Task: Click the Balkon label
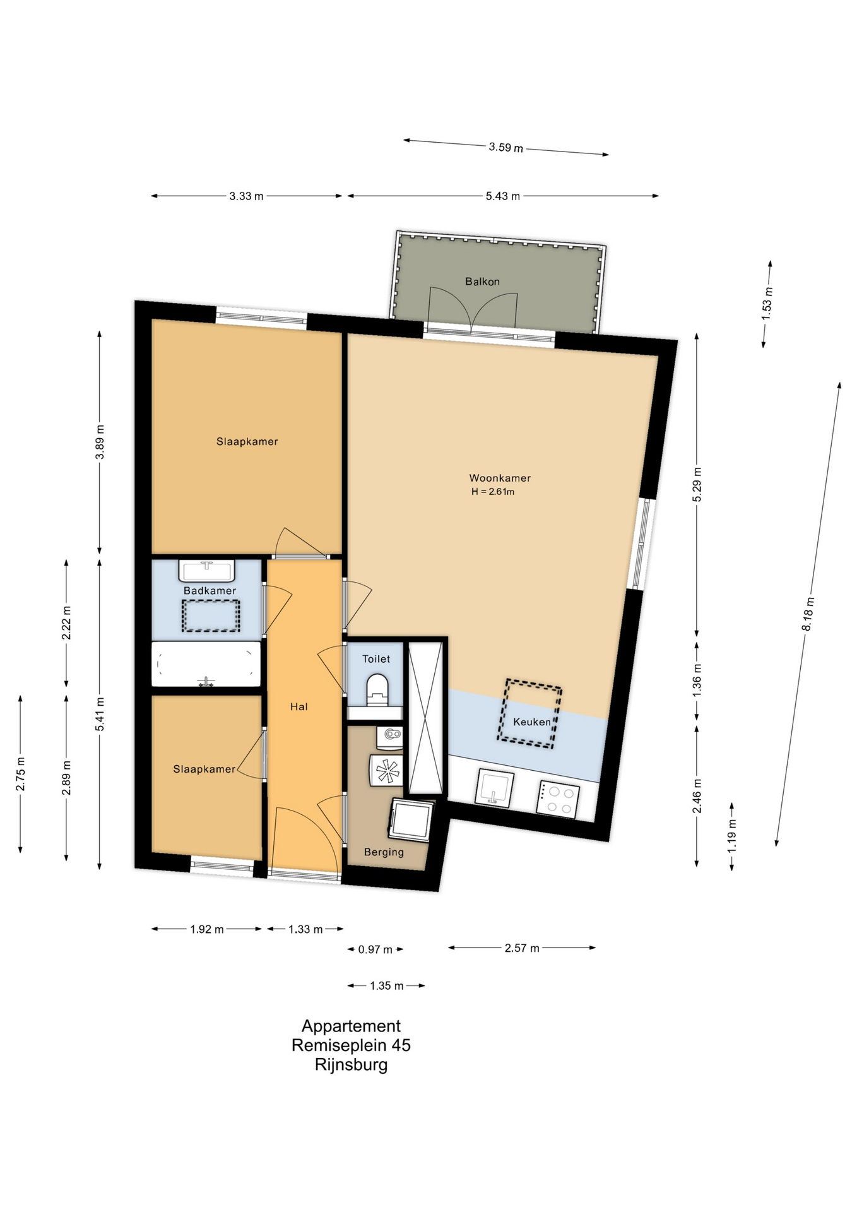coord(482,282)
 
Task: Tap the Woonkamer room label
coord(500,478)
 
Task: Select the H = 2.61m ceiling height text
coord(493,492)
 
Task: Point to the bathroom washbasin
coord(207,571)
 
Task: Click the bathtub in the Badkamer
coord(206,664)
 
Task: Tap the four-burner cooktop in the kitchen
coord(558,799)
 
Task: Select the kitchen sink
coord(494,788)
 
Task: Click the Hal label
coord(299,707)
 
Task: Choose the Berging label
coord(384,852)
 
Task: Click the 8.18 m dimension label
coord(808,614)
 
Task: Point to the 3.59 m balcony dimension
coord(506,148)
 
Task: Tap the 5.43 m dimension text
coord(503,196)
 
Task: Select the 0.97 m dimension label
coord(375,949)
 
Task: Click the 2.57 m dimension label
coord(522,948)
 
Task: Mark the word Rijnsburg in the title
coord(352,1066)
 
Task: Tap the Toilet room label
coord(376,659)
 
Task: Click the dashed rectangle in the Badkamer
coord(211,615)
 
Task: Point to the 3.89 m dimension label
coord(100,443)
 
